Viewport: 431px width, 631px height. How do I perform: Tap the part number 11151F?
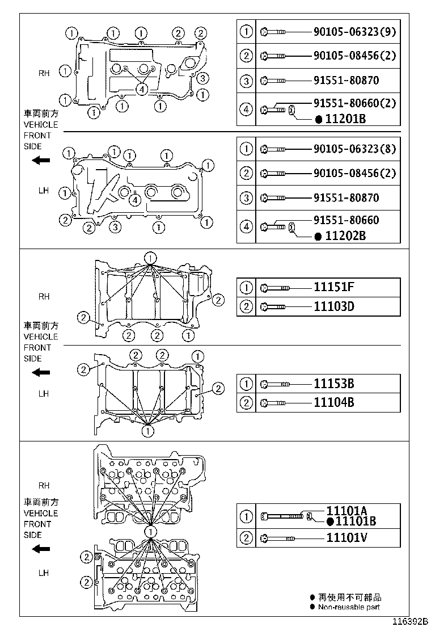tap(334, 288)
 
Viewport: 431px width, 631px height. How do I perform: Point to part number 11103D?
tap(334, 307)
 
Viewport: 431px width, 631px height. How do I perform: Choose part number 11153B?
tap(334, 384)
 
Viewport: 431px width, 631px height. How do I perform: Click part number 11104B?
tap(334, 403)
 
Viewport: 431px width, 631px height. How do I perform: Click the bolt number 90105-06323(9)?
tap(354, 32)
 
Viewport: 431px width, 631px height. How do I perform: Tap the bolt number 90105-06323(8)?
tap(354, 149)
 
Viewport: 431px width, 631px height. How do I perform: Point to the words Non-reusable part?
tap(349, 607)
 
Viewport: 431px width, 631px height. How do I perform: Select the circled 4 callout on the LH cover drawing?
tap(134, 199)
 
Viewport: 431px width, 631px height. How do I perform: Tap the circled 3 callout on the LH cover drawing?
tap(115, 228)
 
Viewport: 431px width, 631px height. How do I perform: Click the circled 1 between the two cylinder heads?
tap(150, 532)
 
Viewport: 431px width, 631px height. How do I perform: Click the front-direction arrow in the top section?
tap(40, 161)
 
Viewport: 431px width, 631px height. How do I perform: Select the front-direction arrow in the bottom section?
tap(40, 549)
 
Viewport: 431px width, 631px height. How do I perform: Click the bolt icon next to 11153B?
tap(276, 384)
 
